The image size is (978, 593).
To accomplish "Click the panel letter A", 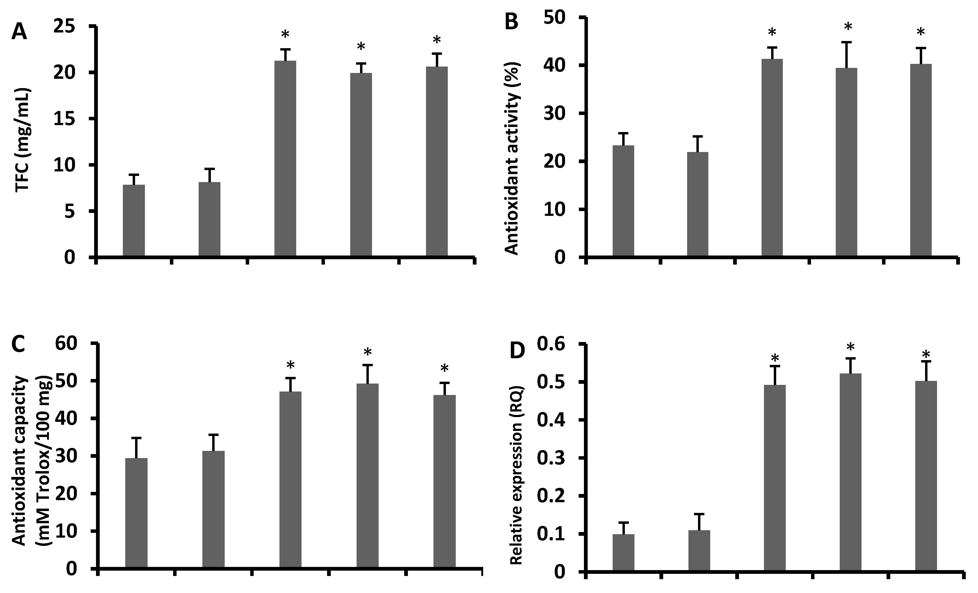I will [19, 32].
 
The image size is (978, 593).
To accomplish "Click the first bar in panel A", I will [134, 220].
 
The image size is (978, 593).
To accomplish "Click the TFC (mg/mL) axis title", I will [23, 140].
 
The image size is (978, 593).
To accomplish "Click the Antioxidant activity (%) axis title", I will [512, 158].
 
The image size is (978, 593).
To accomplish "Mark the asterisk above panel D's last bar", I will [926, 354].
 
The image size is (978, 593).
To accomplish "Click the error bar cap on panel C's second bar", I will [214, 435].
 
